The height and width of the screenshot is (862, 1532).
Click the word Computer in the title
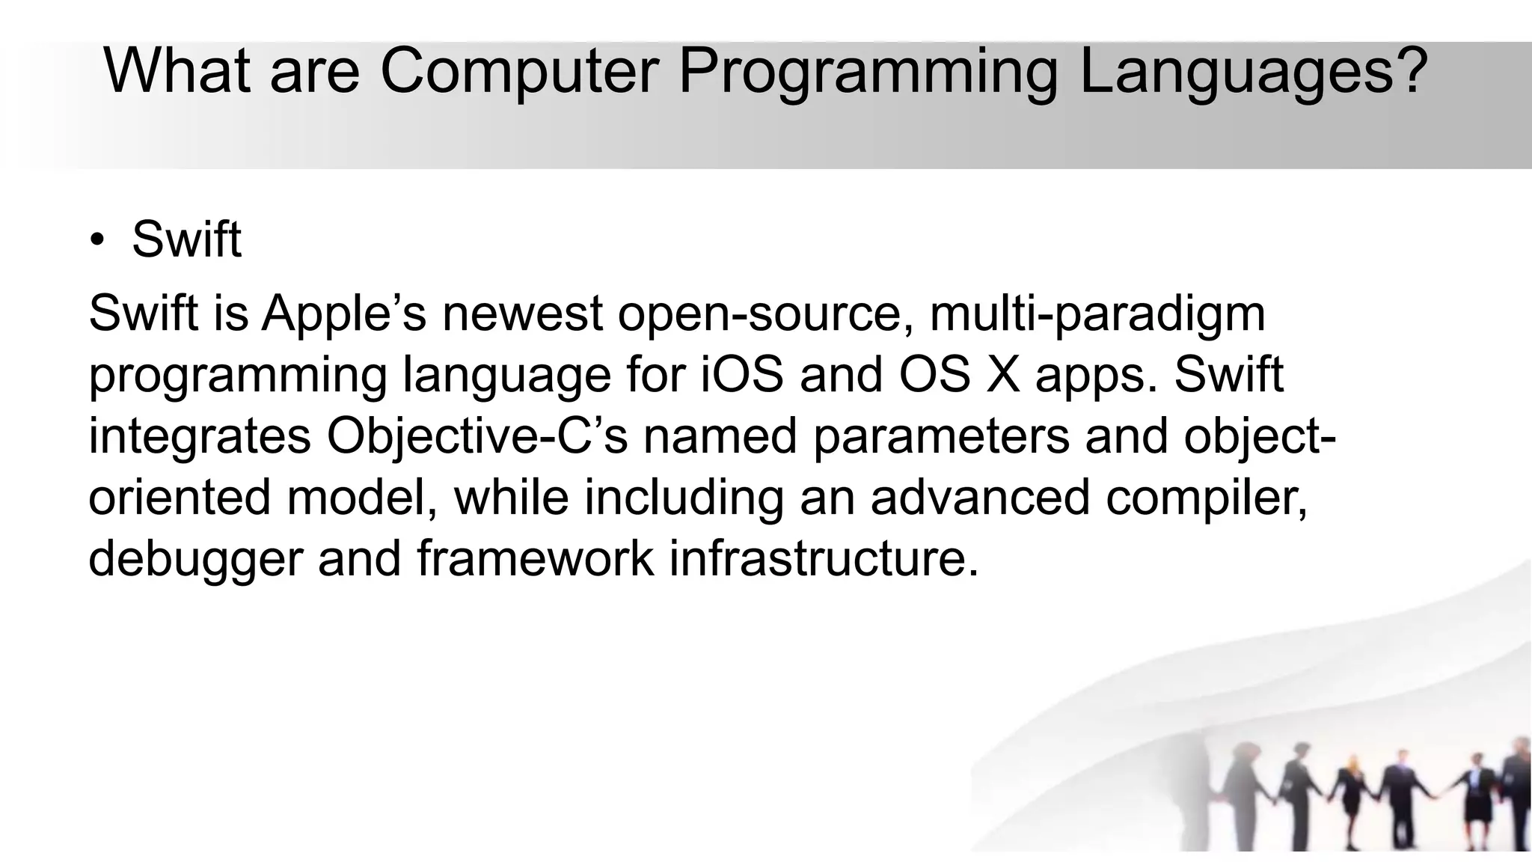pyautogui.click(x=519, y=71)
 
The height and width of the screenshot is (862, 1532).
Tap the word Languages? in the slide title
pyautogui.click(x=1253, y=71)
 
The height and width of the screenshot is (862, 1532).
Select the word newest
pyautogui.click(x=522, y=313)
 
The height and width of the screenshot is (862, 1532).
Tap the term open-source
pyautogui.click(x=765, y=313)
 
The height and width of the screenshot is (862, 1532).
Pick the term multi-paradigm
pyautogui.click(x=1097, y=313)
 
